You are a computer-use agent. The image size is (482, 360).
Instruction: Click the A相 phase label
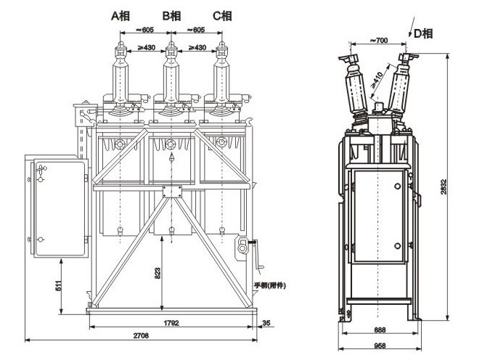[120, 15]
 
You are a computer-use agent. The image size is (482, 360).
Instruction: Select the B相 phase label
[171, 15]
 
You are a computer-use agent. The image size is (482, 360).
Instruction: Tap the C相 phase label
[222, 15]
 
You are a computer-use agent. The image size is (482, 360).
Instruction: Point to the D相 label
[423, 33]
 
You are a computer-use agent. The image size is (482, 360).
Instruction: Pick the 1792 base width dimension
[171, 322]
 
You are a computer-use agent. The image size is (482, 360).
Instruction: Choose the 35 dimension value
[267, 322]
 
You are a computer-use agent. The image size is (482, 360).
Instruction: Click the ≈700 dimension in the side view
[382, 38]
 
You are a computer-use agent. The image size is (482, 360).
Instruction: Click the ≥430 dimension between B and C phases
[197, 46]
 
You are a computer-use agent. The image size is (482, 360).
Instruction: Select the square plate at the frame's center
[172, 192]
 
